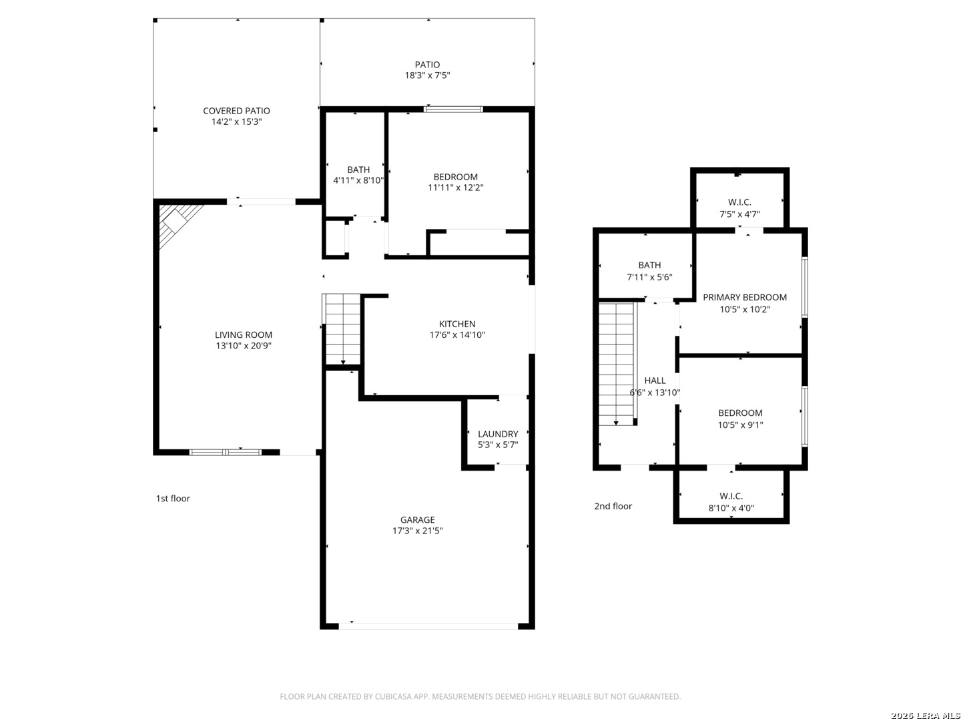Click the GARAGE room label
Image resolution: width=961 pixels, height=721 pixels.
point(417,519)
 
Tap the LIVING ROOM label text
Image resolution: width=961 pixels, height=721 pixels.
point(244,335)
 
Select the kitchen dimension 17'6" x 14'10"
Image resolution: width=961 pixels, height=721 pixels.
point(457,335)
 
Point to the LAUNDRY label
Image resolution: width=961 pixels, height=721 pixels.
point(498,434)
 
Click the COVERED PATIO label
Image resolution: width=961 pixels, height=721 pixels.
point(236,111)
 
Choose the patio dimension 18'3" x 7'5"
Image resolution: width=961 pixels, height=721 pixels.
point(427,75)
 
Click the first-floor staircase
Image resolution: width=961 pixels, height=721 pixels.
point(342,328)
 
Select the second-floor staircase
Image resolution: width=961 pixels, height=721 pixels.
point(617,363)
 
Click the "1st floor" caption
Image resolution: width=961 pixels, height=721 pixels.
point(173,498)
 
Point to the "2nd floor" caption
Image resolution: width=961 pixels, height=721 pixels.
point(613,506)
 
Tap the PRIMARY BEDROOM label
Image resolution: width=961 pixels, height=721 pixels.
point(745,297)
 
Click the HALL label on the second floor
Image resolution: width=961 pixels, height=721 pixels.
point(655,381)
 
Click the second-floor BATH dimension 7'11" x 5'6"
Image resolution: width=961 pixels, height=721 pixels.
point(649,277)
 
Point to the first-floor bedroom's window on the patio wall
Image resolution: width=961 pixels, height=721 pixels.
point(454,109)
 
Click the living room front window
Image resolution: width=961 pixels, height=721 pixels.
point(226,452)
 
